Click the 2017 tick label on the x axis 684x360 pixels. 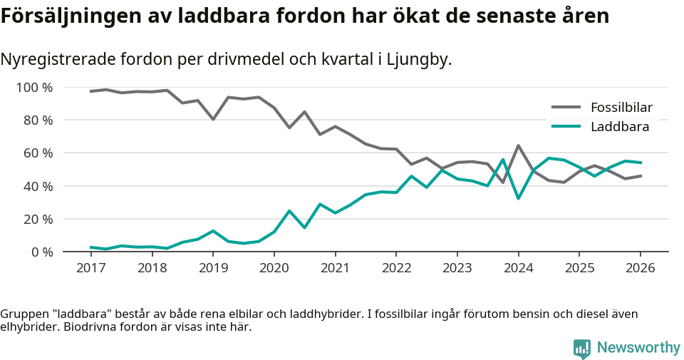[90, 268]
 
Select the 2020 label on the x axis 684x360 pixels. [274, 268]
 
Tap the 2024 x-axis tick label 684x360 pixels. [518, 268]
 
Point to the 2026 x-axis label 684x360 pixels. [640, 268]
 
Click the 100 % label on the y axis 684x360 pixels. [35, 88]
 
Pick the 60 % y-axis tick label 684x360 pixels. [38, 153]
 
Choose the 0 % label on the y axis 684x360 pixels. [41, 252]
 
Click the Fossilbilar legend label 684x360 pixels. [621, 108]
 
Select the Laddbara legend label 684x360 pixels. [619, 127]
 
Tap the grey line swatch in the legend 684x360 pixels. [566, 108]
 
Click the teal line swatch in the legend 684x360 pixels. [566, 127]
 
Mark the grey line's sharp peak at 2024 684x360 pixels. [518, 145]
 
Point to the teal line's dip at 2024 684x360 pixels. [518, 198]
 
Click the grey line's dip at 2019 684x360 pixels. [213, 119]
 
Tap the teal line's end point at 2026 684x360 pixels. [641, 163]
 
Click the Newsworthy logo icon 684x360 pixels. [582, 348]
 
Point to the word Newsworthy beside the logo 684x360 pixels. [638, 348]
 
